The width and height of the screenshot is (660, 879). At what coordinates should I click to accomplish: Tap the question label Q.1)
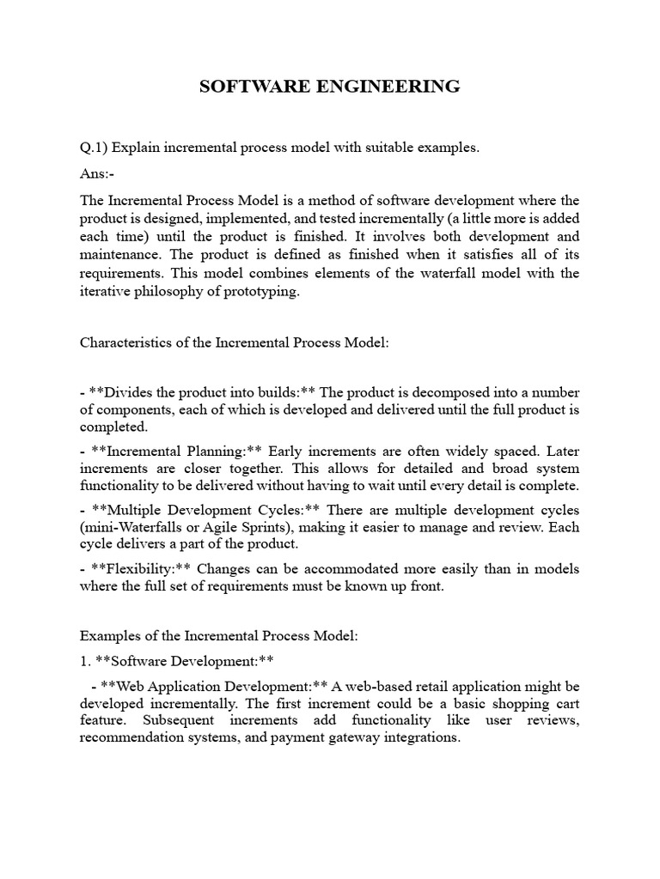(x=93, y=149)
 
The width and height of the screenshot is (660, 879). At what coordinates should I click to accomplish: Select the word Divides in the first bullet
(x=128, y=392)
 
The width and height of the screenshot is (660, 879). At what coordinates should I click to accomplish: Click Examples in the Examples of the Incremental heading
(x=110, y=637)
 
